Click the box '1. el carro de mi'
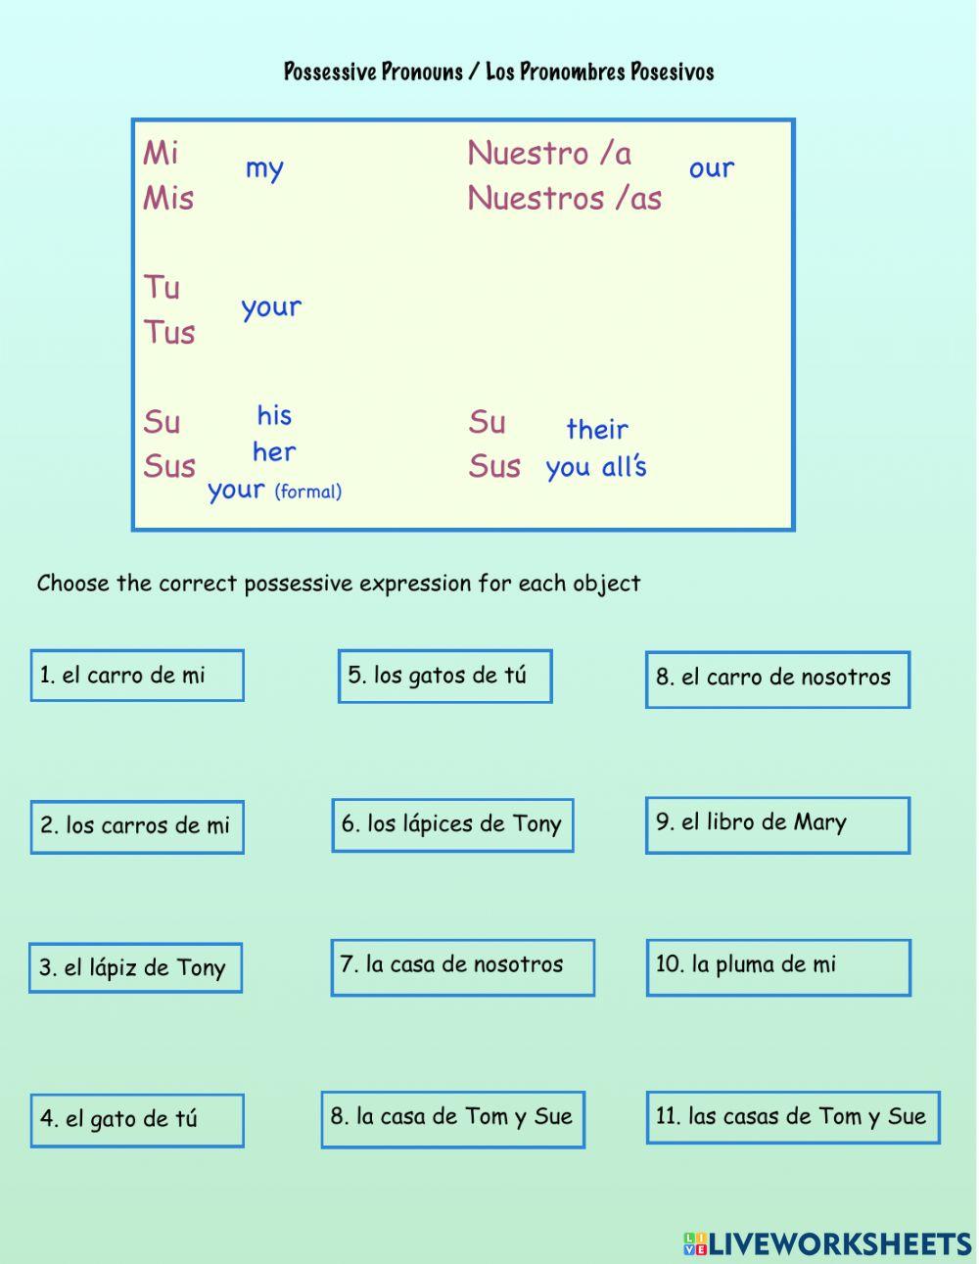[137, 676]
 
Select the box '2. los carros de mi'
[137, 827]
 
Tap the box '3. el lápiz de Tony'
[135, 968]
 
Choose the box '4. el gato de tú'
[137, 1120]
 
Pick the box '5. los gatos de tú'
[444, 676]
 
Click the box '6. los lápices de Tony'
[452, 824]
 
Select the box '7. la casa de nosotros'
[463, 967]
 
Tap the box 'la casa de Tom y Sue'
[452, 1119]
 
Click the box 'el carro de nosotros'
[777, 679]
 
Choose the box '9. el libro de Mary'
[777, 824]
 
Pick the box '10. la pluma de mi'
[778, 967]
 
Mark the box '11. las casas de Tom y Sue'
[793, 1117]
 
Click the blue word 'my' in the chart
[264, 169]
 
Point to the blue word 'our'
[712, 168]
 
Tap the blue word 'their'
[597, 429]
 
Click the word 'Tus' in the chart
[169, 333]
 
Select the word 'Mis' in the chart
[168, 199]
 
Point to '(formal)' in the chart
[308, 492]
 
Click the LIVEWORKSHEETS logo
[827, 1243]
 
